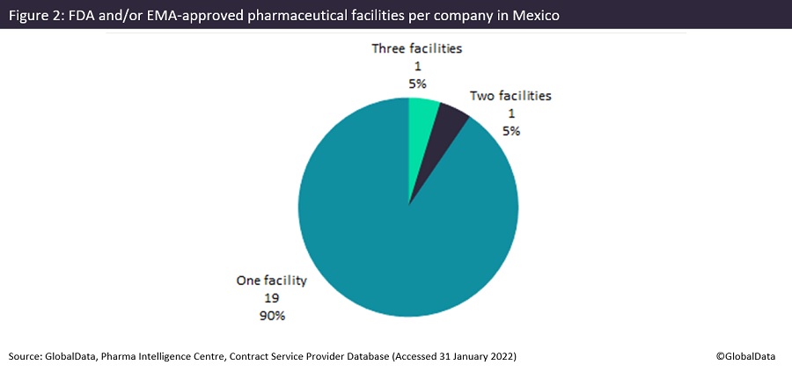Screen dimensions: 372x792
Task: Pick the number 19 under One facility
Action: [271, 298]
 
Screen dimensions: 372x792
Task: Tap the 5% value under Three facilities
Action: [416, 83]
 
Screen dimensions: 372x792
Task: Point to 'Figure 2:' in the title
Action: [36, 15]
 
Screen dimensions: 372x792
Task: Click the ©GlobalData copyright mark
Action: [749, 355]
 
